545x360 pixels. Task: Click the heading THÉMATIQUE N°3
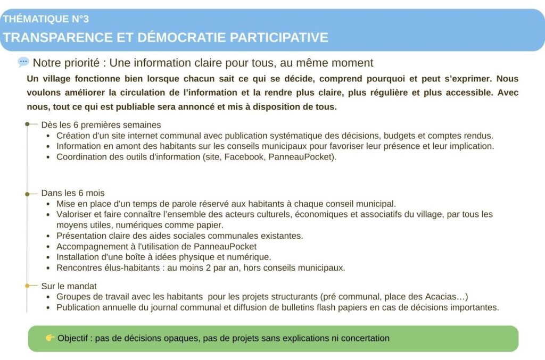[46, 19]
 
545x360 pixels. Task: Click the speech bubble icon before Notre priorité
[23, 62]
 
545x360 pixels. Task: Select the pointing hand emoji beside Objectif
[50, 338]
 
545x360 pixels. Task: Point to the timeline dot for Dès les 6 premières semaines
[28, 124]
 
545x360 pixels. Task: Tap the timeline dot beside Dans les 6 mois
[28, 193]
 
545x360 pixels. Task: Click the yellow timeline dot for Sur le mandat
[28, 286]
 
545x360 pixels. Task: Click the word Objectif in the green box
[73, 338]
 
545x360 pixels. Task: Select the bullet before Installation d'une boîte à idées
[48, 257]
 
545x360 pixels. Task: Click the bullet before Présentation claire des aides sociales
[48, 236]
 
